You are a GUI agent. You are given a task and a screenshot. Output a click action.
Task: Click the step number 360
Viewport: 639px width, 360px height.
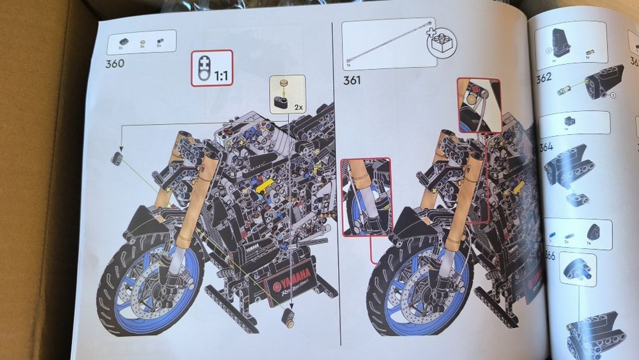[116, 63]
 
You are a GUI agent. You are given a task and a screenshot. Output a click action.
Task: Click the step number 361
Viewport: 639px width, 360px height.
[352, 80]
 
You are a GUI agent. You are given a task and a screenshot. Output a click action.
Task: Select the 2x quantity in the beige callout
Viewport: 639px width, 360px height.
[298, 106]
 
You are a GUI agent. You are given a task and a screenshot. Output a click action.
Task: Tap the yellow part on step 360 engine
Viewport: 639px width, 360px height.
[265, 186]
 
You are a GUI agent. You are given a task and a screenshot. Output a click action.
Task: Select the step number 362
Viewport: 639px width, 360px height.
[544, 79]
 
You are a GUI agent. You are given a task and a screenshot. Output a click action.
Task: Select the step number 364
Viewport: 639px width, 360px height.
[545, 146]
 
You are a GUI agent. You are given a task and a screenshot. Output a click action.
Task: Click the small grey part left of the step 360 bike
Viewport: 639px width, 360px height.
[117, 159]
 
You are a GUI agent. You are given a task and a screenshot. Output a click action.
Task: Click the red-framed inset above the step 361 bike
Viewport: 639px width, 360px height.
[479, 105]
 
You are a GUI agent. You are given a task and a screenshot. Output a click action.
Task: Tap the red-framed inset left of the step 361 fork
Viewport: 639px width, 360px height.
[366, 196]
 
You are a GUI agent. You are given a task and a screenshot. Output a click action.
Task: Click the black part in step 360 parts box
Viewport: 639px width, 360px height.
[121, 40]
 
